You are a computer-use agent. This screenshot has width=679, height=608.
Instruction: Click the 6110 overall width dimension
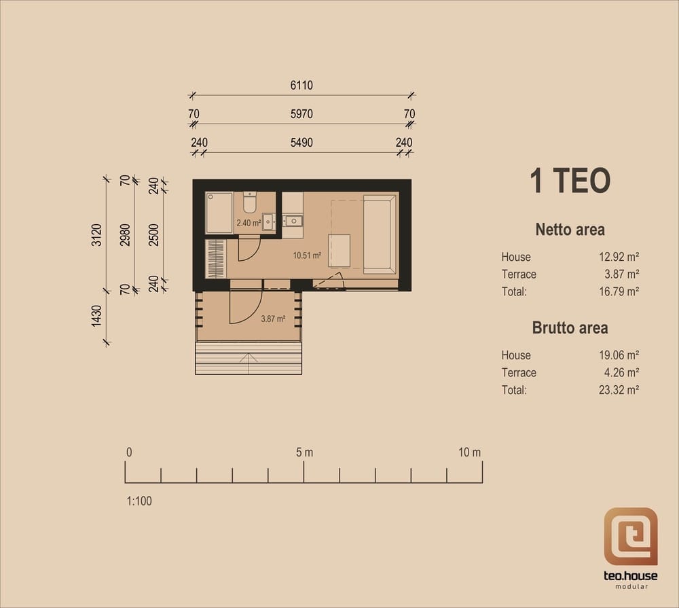[301, 86]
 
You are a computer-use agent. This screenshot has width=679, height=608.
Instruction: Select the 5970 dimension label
[301, 114]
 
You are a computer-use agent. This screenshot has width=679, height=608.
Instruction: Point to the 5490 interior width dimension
[301, 143]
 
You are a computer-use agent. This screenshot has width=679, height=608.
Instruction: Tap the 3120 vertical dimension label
[96, 235]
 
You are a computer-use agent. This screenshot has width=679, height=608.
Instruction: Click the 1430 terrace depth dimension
[96, 316]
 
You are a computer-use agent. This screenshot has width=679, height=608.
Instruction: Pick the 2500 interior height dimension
[153, 235]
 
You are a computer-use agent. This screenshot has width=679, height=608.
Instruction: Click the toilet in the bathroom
[249, 202]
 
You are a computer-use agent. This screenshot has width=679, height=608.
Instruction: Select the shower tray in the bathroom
[219, 213]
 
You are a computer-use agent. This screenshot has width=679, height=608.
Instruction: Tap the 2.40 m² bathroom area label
[249, 223]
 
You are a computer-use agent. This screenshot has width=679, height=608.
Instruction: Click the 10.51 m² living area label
[307, 255]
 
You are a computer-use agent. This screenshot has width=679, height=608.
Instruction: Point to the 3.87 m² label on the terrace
[273, 319]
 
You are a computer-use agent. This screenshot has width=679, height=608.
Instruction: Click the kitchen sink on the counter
[293, 221]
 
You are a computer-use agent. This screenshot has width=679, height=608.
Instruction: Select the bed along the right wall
[380, 234]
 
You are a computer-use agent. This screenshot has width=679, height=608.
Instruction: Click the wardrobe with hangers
[215, 259]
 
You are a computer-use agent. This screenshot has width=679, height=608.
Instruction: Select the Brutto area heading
[570, 327]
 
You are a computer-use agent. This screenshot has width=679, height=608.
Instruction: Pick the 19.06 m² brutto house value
[619, 355]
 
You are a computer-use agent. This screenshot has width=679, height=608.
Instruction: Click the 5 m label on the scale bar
[304, 452]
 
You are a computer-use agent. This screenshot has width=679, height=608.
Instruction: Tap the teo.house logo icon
[631, 537]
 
